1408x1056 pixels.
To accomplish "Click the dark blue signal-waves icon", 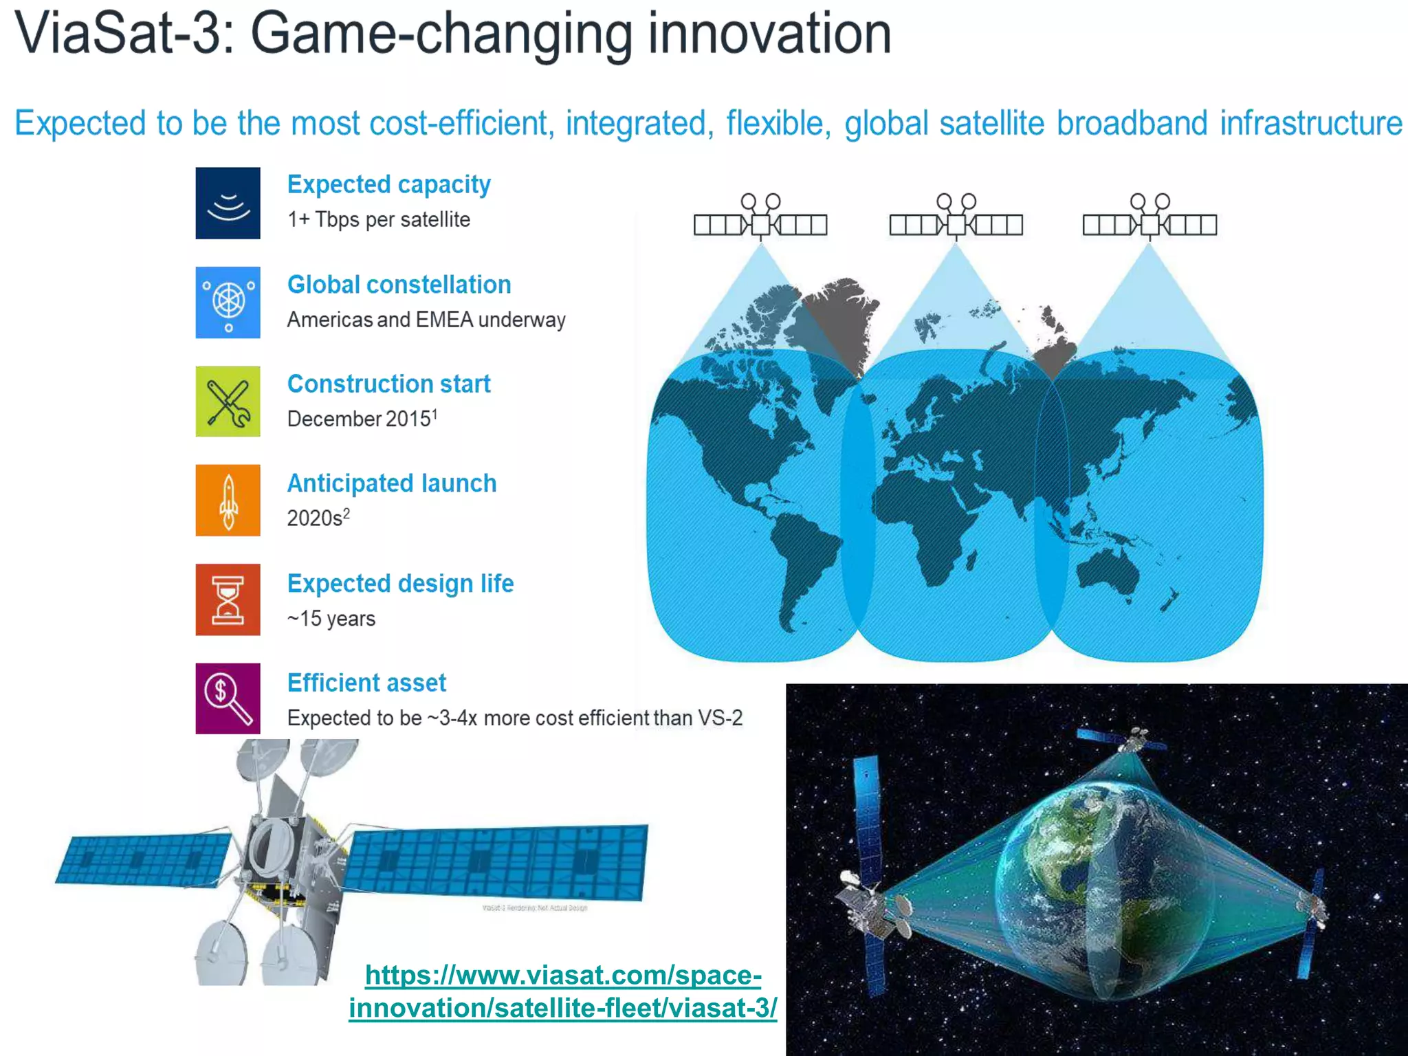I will (228, 203).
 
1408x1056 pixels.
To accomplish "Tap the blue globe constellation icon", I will (228, 302).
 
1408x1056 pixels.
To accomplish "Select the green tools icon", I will (228, 401).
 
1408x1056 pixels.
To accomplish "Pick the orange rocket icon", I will (228, 500).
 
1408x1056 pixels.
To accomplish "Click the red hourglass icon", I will (228, 599).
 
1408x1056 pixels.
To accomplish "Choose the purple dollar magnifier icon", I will (228, 698).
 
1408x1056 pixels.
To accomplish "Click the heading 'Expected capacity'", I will (388, 184).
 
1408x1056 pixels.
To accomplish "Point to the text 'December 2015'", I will (359, 419).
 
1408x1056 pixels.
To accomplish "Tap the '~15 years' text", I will (331, 619).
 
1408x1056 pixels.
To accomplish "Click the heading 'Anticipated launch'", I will (391, 483).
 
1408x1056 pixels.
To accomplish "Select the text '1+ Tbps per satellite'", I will (378, 219).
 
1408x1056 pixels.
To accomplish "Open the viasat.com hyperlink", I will (562, 991).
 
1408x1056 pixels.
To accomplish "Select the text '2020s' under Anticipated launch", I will (315, 518).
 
